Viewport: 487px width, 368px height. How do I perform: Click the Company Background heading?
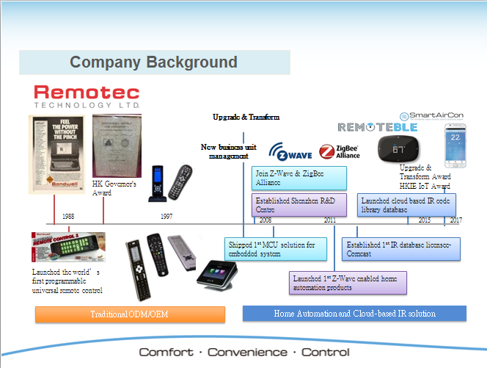click(153, 62)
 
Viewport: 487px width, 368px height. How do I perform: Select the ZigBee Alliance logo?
click(339, 151)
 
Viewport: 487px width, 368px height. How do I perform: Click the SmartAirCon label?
click(431, 115)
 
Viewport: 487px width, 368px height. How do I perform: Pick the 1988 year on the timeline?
click(67, 217)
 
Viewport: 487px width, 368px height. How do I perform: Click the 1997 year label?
click(166, 217)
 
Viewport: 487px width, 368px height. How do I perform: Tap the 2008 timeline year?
click(266, 220)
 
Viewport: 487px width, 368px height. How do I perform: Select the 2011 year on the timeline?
click(330, 220)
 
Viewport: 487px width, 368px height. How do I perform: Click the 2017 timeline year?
click(456, 220)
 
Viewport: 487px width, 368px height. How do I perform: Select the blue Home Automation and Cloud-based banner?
click(354, 314)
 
